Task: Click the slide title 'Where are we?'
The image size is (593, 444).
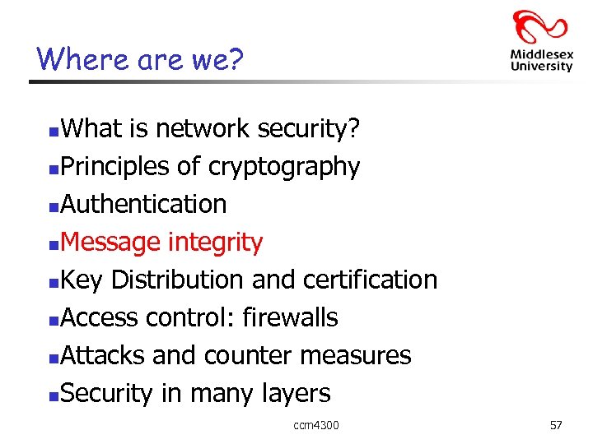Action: coord(141,58)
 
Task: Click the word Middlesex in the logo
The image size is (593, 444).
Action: coord(541,55)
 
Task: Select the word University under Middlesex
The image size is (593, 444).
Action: coord(541,67)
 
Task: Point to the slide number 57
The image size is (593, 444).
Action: coord(556,425)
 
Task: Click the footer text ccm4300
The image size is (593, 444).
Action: coord(316,425)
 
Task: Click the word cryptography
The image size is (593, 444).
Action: coord(284,167)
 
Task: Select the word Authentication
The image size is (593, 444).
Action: coord(143,204)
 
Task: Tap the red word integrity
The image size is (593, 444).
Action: coord(215,243)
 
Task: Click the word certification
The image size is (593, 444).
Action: coord(371,280)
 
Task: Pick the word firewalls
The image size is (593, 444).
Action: coord(290,317)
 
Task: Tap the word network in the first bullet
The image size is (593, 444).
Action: coord(203,128)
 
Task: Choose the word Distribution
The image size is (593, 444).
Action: coord(178,280)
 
